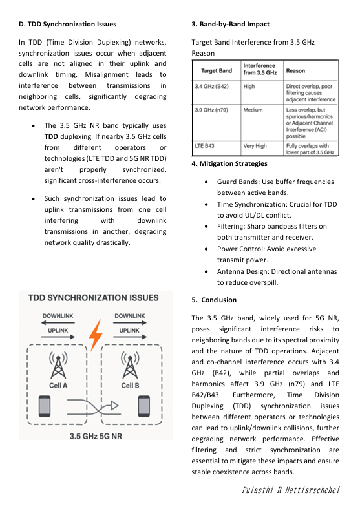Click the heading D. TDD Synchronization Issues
point(68,25)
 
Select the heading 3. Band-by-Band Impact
point(231,25)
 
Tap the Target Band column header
point(217,71)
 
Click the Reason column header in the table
point(295,71)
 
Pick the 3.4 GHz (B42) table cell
point(212,86)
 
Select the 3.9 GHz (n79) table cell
point(211,110)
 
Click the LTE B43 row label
point(204,146)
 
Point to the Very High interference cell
point(255,146)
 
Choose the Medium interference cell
point(253,110)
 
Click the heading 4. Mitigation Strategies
point(229,164)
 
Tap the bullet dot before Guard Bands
point(206,182)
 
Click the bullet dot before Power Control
point(206,249)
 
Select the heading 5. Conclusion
point(214,300)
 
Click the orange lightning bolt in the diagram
point(96,335)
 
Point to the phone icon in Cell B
point(144,406)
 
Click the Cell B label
point(130,386)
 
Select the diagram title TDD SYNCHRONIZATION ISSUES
point(94,298)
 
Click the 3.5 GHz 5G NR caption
point(96,436)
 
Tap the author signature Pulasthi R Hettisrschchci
point(291,490)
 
